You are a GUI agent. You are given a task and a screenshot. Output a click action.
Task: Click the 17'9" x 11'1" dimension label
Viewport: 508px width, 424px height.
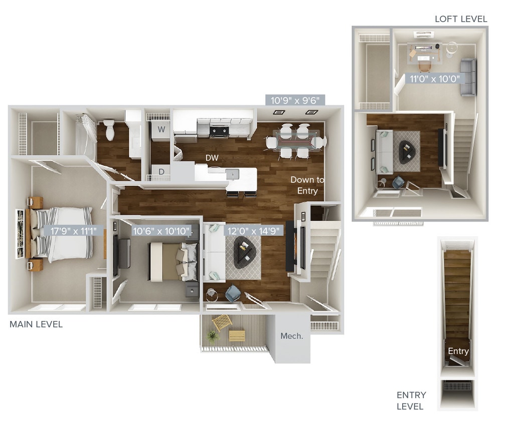77,231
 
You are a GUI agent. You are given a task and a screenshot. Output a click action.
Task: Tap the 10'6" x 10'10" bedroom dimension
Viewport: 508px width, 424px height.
161,231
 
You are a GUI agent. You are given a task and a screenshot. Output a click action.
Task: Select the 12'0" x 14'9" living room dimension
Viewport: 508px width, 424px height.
254,231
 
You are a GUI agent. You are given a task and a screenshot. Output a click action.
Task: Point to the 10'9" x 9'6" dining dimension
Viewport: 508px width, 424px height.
295,100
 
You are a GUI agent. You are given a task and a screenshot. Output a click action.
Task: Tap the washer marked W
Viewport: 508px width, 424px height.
161,129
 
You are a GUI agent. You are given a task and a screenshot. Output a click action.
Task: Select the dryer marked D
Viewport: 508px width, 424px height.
161,171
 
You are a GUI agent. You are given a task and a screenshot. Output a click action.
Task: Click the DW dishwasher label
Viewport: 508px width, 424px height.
212,158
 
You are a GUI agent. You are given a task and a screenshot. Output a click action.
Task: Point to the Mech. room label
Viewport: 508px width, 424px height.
291,336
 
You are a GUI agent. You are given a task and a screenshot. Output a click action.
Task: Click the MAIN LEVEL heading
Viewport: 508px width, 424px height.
36,325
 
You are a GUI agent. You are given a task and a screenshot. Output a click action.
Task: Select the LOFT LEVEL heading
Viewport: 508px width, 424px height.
461,19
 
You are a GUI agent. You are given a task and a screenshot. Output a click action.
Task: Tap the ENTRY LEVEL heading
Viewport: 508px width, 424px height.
411,400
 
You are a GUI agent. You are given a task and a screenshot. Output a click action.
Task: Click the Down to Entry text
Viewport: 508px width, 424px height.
307,185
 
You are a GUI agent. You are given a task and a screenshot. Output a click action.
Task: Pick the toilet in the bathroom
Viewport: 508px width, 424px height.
110,130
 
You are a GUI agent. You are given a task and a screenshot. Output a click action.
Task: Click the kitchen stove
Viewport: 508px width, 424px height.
219,129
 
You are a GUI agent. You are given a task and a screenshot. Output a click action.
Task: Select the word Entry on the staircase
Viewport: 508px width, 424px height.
458,351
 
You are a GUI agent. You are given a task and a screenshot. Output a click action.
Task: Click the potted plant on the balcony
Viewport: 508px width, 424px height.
213,336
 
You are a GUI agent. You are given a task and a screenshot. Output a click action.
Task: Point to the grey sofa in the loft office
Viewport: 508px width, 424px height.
468,77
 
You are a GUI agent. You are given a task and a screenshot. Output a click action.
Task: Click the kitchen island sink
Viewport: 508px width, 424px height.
231,174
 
